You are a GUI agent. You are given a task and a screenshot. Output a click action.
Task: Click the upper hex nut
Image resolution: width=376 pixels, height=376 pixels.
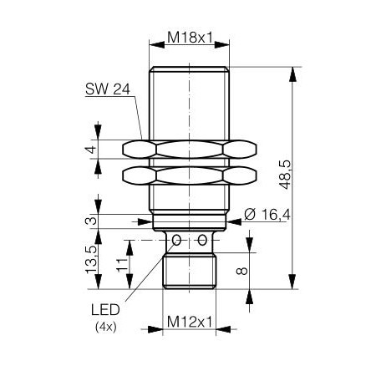point(189,150)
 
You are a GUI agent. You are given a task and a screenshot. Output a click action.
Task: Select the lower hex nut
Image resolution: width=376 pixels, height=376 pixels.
point(189,175)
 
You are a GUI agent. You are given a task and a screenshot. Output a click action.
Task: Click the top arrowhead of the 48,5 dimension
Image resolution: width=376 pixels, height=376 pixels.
point(293,73)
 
